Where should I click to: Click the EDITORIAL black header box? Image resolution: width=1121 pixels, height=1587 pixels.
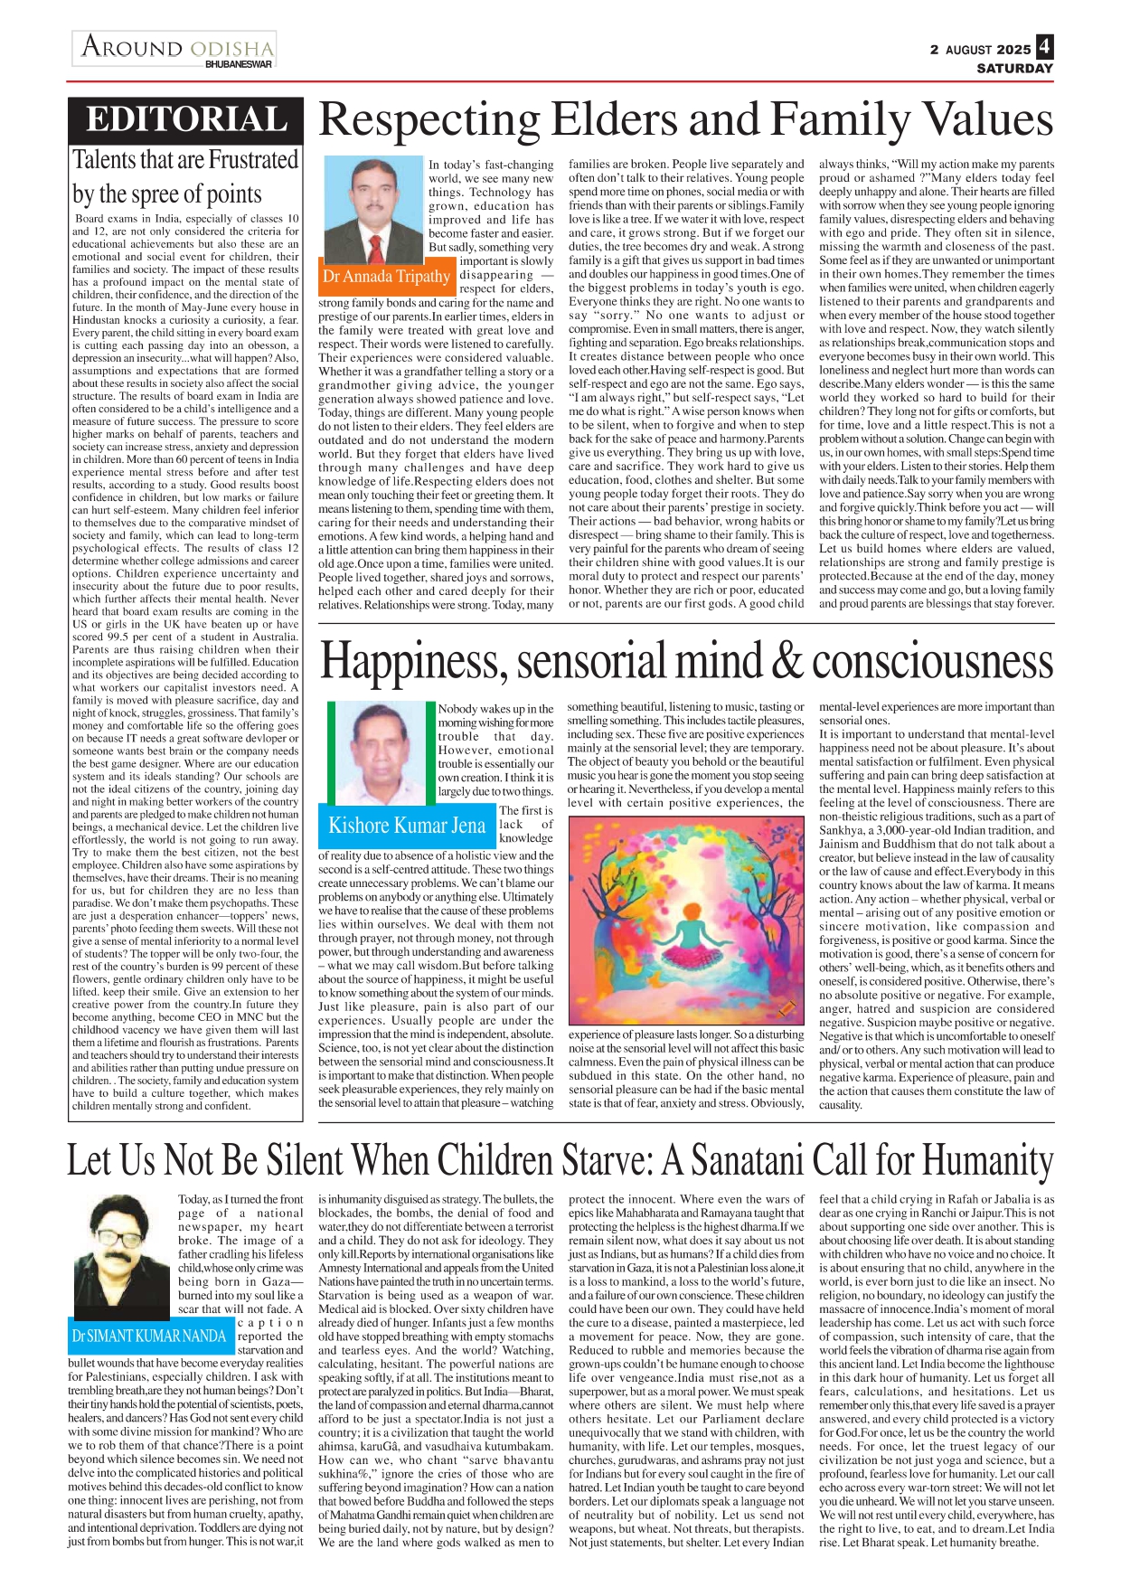coord(185,120)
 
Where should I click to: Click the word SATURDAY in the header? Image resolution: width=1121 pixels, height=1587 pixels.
coord(1014,69)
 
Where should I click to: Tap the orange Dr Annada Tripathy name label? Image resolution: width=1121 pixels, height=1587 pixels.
coord(386,277)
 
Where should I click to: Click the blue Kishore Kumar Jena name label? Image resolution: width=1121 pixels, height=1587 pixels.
coord(407,826)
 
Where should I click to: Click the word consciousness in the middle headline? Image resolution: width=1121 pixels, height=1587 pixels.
coord(933,661)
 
